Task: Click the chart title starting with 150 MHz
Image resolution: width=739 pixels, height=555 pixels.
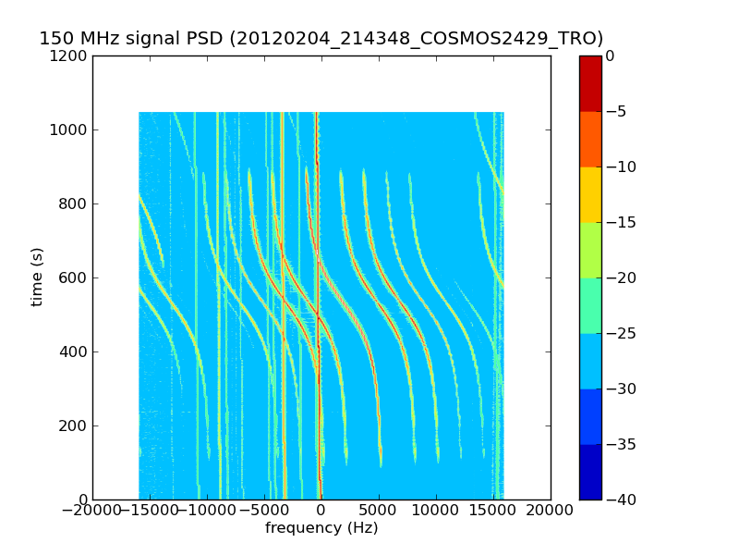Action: point(321,39)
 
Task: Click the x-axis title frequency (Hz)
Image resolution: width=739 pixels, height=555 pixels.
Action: point(321,528)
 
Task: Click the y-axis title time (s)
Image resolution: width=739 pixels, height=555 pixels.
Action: point(38,277)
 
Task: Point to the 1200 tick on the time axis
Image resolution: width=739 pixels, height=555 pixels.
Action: point(71,55)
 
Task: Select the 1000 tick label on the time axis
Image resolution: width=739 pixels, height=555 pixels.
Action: point(71,129)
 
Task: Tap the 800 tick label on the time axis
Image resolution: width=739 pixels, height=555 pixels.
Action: point(75,203)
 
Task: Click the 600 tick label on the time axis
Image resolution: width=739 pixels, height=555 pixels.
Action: point(75,277)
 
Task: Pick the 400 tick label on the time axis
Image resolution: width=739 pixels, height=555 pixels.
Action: point(75,351)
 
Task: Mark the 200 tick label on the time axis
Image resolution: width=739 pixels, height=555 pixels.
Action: point(75,425)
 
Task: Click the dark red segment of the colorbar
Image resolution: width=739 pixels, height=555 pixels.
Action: point(590,83)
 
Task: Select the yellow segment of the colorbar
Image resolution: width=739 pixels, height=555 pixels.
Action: point(590,194)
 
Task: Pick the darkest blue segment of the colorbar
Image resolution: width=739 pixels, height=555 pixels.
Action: point(590,472)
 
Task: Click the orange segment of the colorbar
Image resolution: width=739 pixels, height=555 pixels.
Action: point(590,139)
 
